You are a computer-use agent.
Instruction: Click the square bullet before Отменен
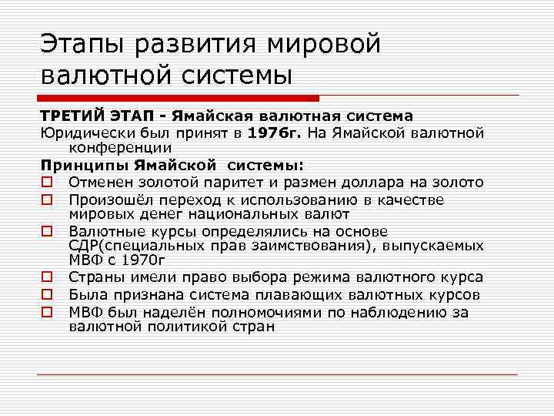[x=47, y=183]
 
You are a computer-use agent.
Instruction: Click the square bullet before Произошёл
[x=47, y=200]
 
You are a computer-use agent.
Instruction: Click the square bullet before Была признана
[x=47, y=295]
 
